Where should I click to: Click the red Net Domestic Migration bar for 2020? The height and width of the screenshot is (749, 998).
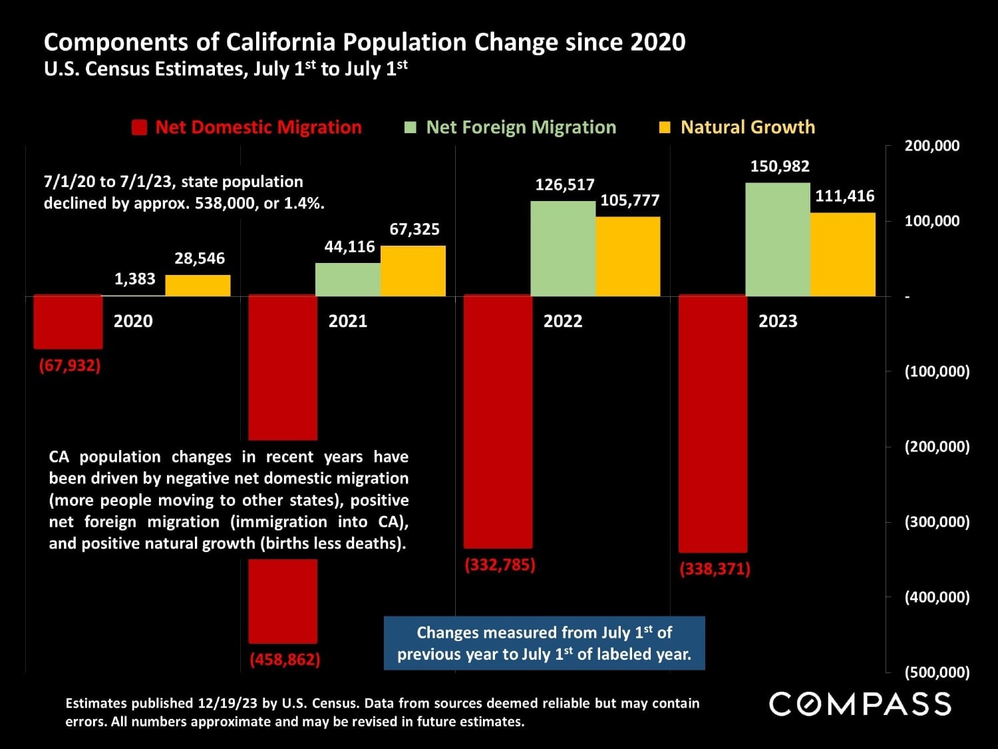[68, 322]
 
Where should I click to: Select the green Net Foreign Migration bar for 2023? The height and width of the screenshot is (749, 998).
[777, 239]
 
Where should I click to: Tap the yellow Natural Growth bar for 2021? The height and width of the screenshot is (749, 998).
[413, 271]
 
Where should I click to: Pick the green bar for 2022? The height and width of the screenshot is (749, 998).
[562, 248]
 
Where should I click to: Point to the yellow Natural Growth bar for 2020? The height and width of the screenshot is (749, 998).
[198, 286]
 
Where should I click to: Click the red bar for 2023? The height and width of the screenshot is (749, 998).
[713, 423]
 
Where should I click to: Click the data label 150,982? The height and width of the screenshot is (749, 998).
[780, 166]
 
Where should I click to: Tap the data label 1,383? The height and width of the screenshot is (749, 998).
[134, 279]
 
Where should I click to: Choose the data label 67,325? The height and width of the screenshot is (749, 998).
[414, 230]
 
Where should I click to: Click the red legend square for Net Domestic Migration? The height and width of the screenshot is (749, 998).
[139, 128]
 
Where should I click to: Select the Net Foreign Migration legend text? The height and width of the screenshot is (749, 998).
[520, 127]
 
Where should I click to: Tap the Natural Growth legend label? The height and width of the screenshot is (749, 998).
[747, 127]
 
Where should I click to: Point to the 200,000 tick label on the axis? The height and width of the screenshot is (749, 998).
[931, 146]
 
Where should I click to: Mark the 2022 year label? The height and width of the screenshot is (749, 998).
[562, 321]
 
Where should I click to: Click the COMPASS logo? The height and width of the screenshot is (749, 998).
[860, 704]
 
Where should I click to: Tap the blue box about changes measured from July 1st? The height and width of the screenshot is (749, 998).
[544, 643]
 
